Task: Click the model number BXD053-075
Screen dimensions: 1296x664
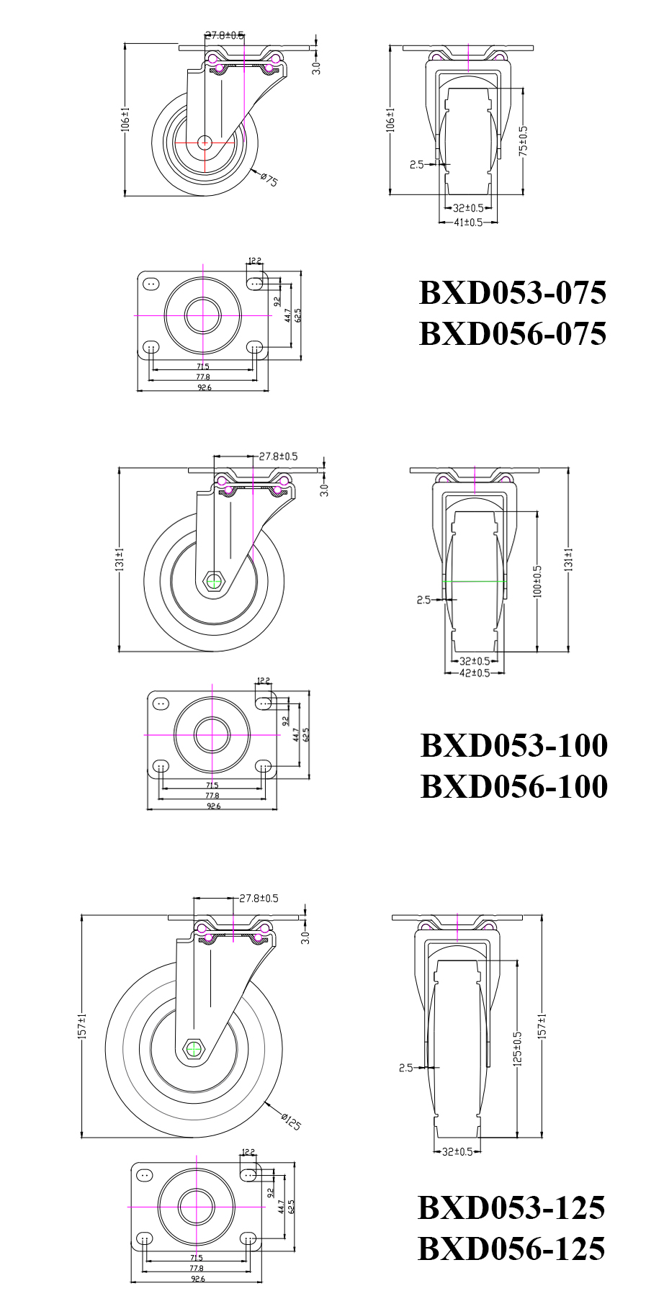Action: (512, 293)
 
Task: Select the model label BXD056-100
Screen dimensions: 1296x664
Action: (513, 786)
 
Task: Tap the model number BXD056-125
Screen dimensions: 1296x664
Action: (511, 1248)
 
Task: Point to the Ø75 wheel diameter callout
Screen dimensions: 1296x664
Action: (269, 179)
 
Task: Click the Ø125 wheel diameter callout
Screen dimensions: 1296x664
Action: (291, 1121)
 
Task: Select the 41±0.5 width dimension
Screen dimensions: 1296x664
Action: (468, 222)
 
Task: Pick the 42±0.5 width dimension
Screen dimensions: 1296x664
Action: (475, 672)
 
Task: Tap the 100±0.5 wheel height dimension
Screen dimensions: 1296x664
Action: (537, 580)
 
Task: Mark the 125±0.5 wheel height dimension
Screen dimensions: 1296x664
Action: (517, 1048)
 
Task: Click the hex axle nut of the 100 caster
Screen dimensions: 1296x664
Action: (214, 580)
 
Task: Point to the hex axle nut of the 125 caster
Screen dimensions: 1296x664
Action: (194, 1049)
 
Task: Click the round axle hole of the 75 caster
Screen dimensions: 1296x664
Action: (205, 143)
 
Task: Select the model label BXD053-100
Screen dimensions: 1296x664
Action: (513, 745)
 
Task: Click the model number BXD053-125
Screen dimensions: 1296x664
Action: (511, 1207)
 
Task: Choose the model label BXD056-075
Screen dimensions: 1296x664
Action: (512, 334)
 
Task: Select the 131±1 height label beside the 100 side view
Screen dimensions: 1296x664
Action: (120, 559)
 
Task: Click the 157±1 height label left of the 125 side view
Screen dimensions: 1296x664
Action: (82, 1026)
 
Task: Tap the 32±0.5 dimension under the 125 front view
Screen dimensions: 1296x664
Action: (457, 1151)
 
